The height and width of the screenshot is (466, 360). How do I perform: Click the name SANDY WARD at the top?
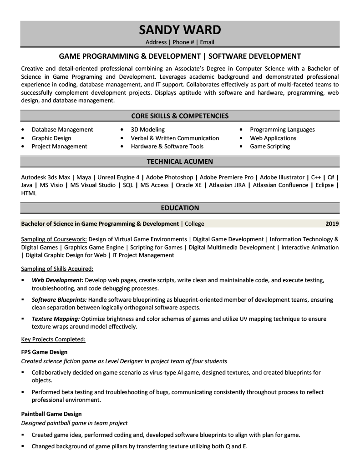(180, 30)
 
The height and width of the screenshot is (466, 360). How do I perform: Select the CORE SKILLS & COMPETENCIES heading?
(180, 116)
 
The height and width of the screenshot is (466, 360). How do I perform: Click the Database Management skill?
(62, 130)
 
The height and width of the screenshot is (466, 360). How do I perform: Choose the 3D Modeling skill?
(147, 130)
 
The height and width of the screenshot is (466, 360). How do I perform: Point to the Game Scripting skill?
(269, 147)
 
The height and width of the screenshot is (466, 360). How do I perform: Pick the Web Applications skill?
(273, 138)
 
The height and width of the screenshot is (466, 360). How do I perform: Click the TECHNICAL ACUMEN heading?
(180, 162)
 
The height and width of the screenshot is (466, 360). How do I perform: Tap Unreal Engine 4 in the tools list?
(118, 177)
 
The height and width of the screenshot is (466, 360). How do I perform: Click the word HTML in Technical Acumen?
(29, 193)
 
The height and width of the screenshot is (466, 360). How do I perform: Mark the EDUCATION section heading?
(180, 208)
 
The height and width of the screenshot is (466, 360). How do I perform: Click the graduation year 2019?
(332, 224)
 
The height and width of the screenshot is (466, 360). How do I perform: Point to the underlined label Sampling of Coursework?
(54, 239)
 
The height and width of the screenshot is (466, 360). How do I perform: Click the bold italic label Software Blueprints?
(59, 300)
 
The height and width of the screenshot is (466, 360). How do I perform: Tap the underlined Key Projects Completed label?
(53, 339)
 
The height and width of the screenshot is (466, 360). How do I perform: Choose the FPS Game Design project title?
(44, 352)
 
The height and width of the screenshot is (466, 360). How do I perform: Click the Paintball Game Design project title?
(51, 414)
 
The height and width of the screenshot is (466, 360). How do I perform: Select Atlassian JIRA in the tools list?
(228, 185)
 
